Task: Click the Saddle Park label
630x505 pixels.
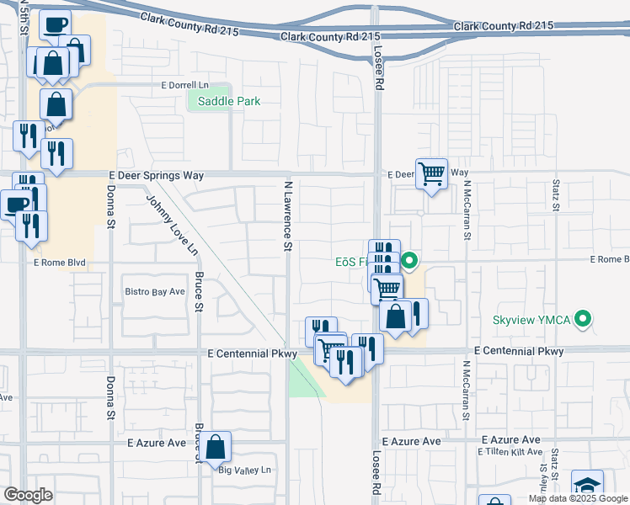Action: [x=229, y=101]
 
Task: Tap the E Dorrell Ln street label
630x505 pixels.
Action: [x=184, y=86]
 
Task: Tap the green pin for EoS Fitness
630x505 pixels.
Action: [x=409, y=261]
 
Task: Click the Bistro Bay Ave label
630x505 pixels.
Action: [x=155, y=291]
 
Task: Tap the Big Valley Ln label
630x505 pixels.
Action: [x=244, y=470]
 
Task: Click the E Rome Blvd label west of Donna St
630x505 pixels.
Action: [x=60, y=263]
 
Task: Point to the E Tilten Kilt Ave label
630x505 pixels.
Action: [x=510, y=452]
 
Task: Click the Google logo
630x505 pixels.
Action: [x=29, y=495]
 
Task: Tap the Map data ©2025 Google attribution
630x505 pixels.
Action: [x=578, y=499]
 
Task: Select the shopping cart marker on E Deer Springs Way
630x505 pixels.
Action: [x=431, y=174]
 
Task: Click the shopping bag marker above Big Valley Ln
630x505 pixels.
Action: [x=216, y=447]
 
